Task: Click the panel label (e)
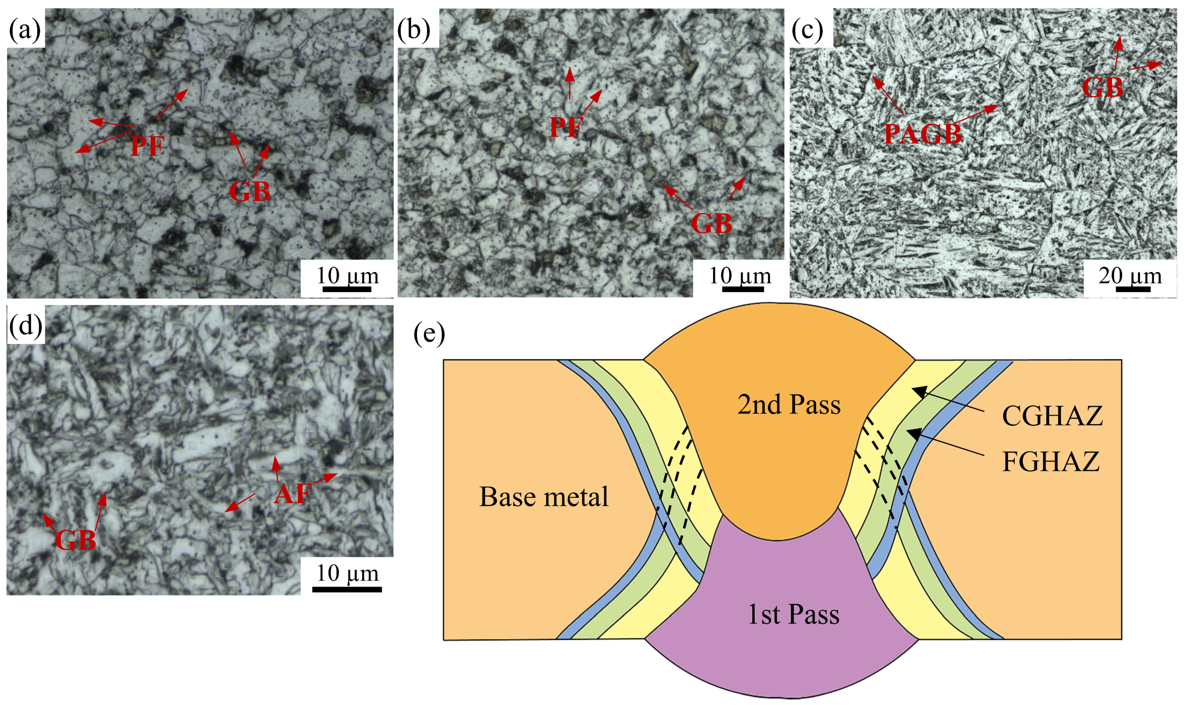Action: pos(429,334)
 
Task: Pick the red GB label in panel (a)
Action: pos(249,192)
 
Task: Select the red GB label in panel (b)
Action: pos(711,223)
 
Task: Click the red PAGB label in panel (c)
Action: pos(923,134)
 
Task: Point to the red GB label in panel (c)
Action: pos(1102,88)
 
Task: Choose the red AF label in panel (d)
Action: pos(293,494)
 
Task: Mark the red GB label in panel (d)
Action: pos(75,540)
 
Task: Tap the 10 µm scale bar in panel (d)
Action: pos(347,590)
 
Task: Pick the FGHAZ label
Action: pos(1051,461)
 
